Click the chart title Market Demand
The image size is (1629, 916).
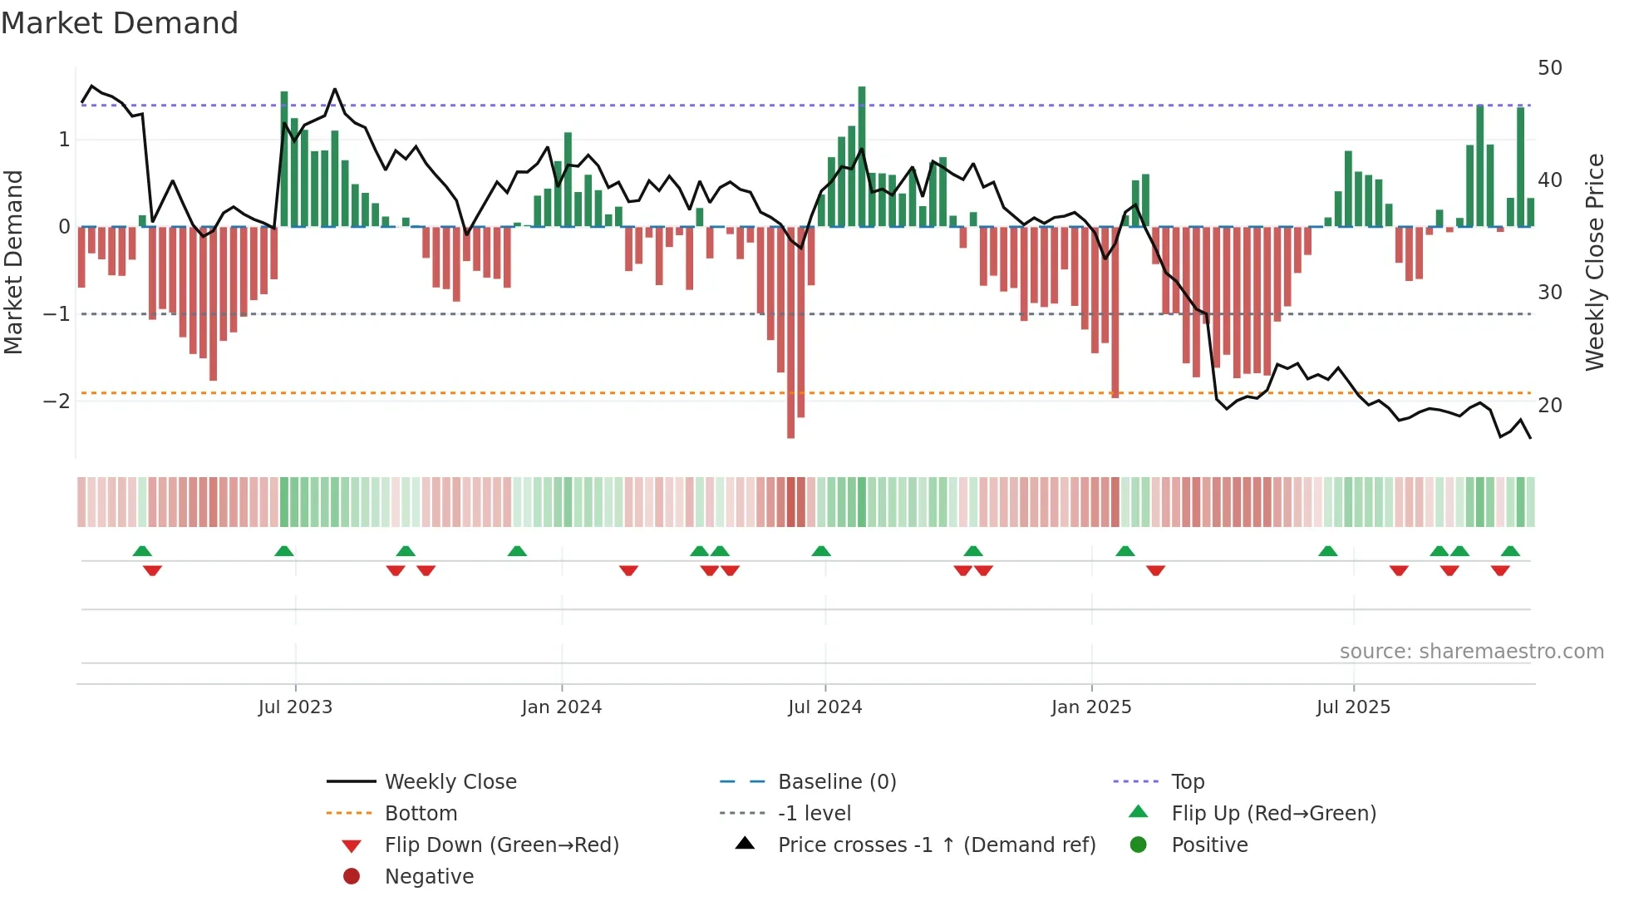(x=120, y=23)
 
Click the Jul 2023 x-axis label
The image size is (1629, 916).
(x=295, y=707)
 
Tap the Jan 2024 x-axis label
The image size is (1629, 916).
(x=561, y=707)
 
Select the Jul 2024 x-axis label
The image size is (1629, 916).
(x=824, y=707)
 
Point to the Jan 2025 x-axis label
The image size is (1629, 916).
(x=1090, y=707)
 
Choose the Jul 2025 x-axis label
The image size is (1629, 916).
(x=1353, y=707)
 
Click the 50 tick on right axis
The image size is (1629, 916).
(x=1550, y=68)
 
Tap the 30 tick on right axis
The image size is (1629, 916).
(x=1550, y=293)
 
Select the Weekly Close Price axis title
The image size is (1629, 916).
(x=1594, y=262)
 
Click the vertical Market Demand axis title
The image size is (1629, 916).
(x=13, y=262)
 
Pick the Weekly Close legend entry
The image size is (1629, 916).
(x=450, y=782)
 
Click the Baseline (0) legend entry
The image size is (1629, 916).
(x=836, y=782)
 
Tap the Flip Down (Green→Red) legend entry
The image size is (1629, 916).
(x=501, y=845)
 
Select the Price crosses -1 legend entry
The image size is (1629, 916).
(x=936, y=845)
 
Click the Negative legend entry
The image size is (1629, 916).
(x=429, y=877)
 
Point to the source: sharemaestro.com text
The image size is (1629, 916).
(x=1471, y=652)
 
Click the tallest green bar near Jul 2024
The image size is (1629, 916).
(x=862, y=156)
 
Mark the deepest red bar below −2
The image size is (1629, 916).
(x=790, y=332)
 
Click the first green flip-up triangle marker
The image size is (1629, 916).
(x=142, y=551)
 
